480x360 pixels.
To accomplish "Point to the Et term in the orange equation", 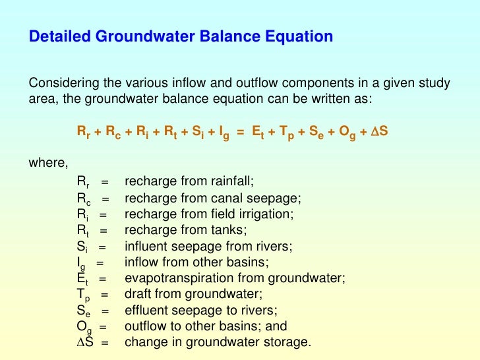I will click(x=260, y=132).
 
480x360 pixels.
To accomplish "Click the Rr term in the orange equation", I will click(x=84, y=132).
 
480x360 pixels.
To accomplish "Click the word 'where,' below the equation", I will click(x=47, y=164).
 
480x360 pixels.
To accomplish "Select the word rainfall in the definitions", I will click(x=229, y=181).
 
